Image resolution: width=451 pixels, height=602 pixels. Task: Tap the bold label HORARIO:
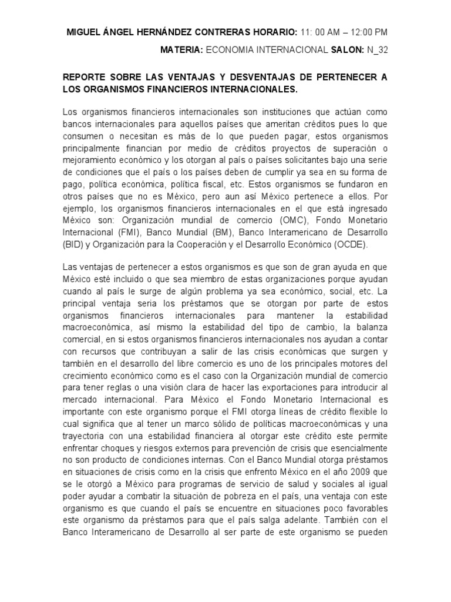[275, 32]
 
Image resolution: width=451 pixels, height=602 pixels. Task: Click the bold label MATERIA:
[181, 50]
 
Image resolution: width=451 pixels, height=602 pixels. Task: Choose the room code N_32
[376, 50]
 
